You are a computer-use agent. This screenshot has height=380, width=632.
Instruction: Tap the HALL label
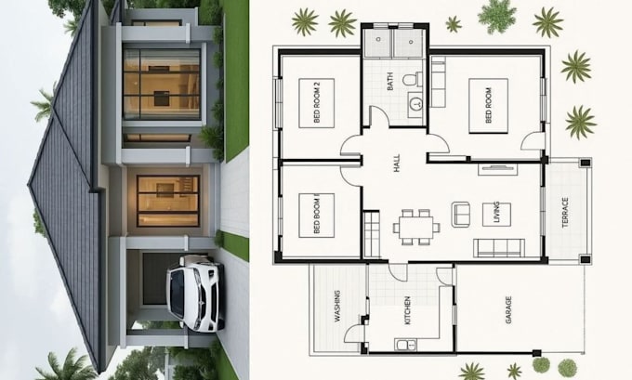(397, 164)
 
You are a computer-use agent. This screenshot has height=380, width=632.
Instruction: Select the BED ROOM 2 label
(316, 103)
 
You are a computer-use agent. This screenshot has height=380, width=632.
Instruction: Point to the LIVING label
(496, 213)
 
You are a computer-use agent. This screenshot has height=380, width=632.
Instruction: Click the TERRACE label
(565, 213)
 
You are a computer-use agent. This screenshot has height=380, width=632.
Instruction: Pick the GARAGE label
(508, 310)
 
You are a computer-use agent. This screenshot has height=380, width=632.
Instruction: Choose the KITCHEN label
(407, 310)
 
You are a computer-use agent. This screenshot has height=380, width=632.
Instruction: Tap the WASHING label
(337, 306)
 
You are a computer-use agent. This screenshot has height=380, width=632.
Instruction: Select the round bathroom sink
(415, 104)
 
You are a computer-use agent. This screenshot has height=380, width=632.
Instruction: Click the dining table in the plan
(416, 228)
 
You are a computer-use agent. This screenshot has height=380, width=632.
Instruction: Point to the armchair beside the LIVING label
(461, 215)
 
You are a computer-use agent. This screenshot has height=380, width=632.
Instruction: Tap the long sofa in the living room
(499, 248)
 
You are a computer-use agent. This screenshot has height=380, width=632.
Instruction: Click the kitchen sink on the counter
(405, 345)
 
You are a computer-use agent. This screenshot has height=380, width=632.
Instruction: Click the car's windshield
(178, 293)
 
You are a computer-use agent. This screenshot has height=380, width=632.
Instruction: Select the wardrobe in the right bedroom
(438, 82)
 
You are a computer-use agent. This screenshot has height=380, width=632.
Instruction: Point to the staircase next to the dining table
(371, 234)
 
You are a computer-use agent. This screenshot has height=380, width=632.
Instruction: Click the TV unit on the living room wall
(498, 169)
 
